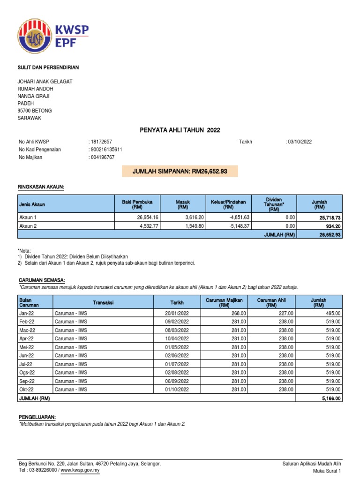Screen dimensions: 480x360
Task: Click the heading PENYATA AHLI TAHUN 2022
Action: coord(180,130)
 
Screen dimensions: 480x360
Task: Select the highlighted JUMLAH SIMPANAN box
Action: coord(180,172)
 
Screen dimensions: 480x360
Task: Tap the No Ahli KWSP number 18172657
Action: coord(101,142)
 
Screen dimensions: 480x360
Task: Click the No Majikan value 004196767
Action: coord(103,157)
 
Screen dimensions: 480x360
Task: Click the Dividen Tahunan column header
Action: coord(274,204)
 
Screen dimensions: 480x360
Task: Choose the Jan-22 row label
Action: coord(26,313)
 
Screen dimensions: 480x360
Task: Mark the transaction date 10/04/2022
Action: coord(176,338)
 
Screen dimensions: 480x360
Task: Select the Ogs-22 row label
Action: coord(27,372)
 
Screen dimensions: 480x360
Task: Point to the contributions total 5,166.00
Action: coord(331,398)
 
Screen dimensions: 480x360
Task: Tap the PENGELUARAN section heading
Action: coord(37,417)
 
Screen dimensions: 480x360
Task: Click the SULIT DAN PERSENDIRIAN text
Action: coord(48,67)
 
